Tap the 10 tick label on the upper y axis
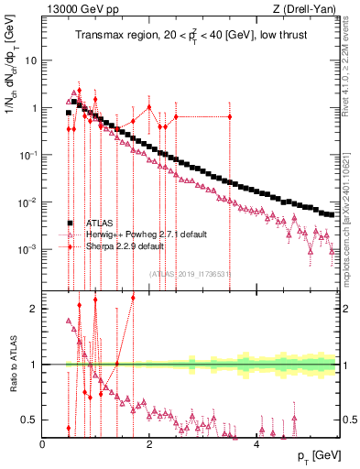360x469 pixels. [x=31, y=60]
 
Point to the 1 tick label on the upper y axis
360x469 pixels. [x=34, y=108]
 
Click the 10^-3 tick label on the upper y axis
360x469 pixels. [x=28, y=249]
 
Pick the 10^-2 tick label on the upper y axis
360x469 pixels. [x=28, y=202]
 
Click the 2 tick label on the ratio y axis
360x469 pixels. [x=35, y=309]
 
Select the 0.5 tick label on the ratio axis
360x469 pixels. [x=31, y=420]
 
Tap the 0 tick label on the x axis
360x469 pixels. [x=43, y=443]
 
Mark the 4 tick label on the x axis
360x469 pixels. [x=256, y=443]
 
